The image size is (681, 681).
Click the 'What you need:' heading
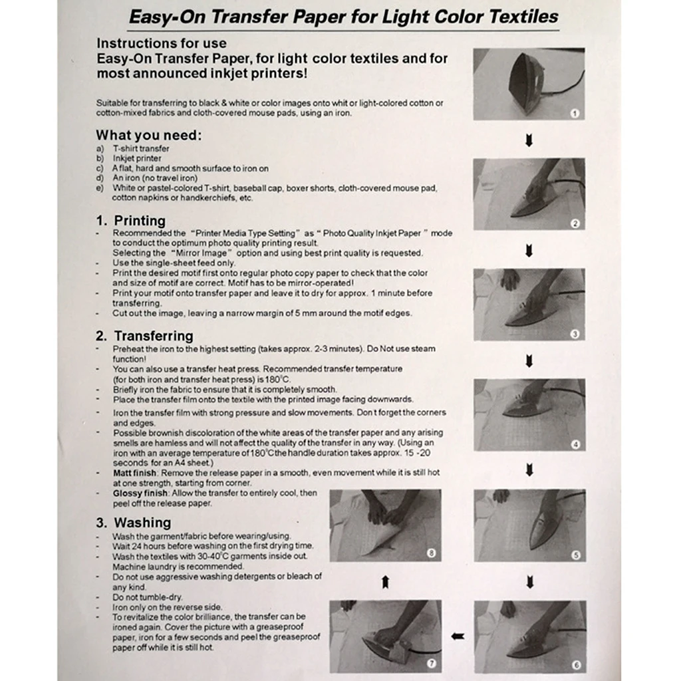pos(148,136)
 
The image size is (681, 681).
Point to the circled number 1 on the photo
pos(575,113)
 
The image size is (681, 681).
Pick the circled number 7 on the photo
pos(431,663)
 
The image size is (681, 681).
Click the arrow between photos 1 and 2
pos(529,141)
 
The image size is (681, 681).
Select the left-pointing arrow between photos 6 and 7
pos(458,636)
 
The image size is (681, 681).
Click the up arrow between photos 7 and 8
pos(385,583)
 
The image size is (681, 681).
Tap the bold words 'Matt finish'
pos(134,473)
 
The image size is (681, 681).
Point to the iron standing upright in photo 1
pos(525,83)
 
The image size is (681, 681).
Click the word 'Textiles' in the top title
pos(521,16)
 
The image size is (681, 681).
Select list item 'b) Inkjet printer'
pos(136,159)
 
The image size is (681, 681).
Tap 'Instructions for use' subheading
pos(162,44)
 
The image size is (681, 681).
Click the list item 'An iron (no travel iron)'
pos(154,178)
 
